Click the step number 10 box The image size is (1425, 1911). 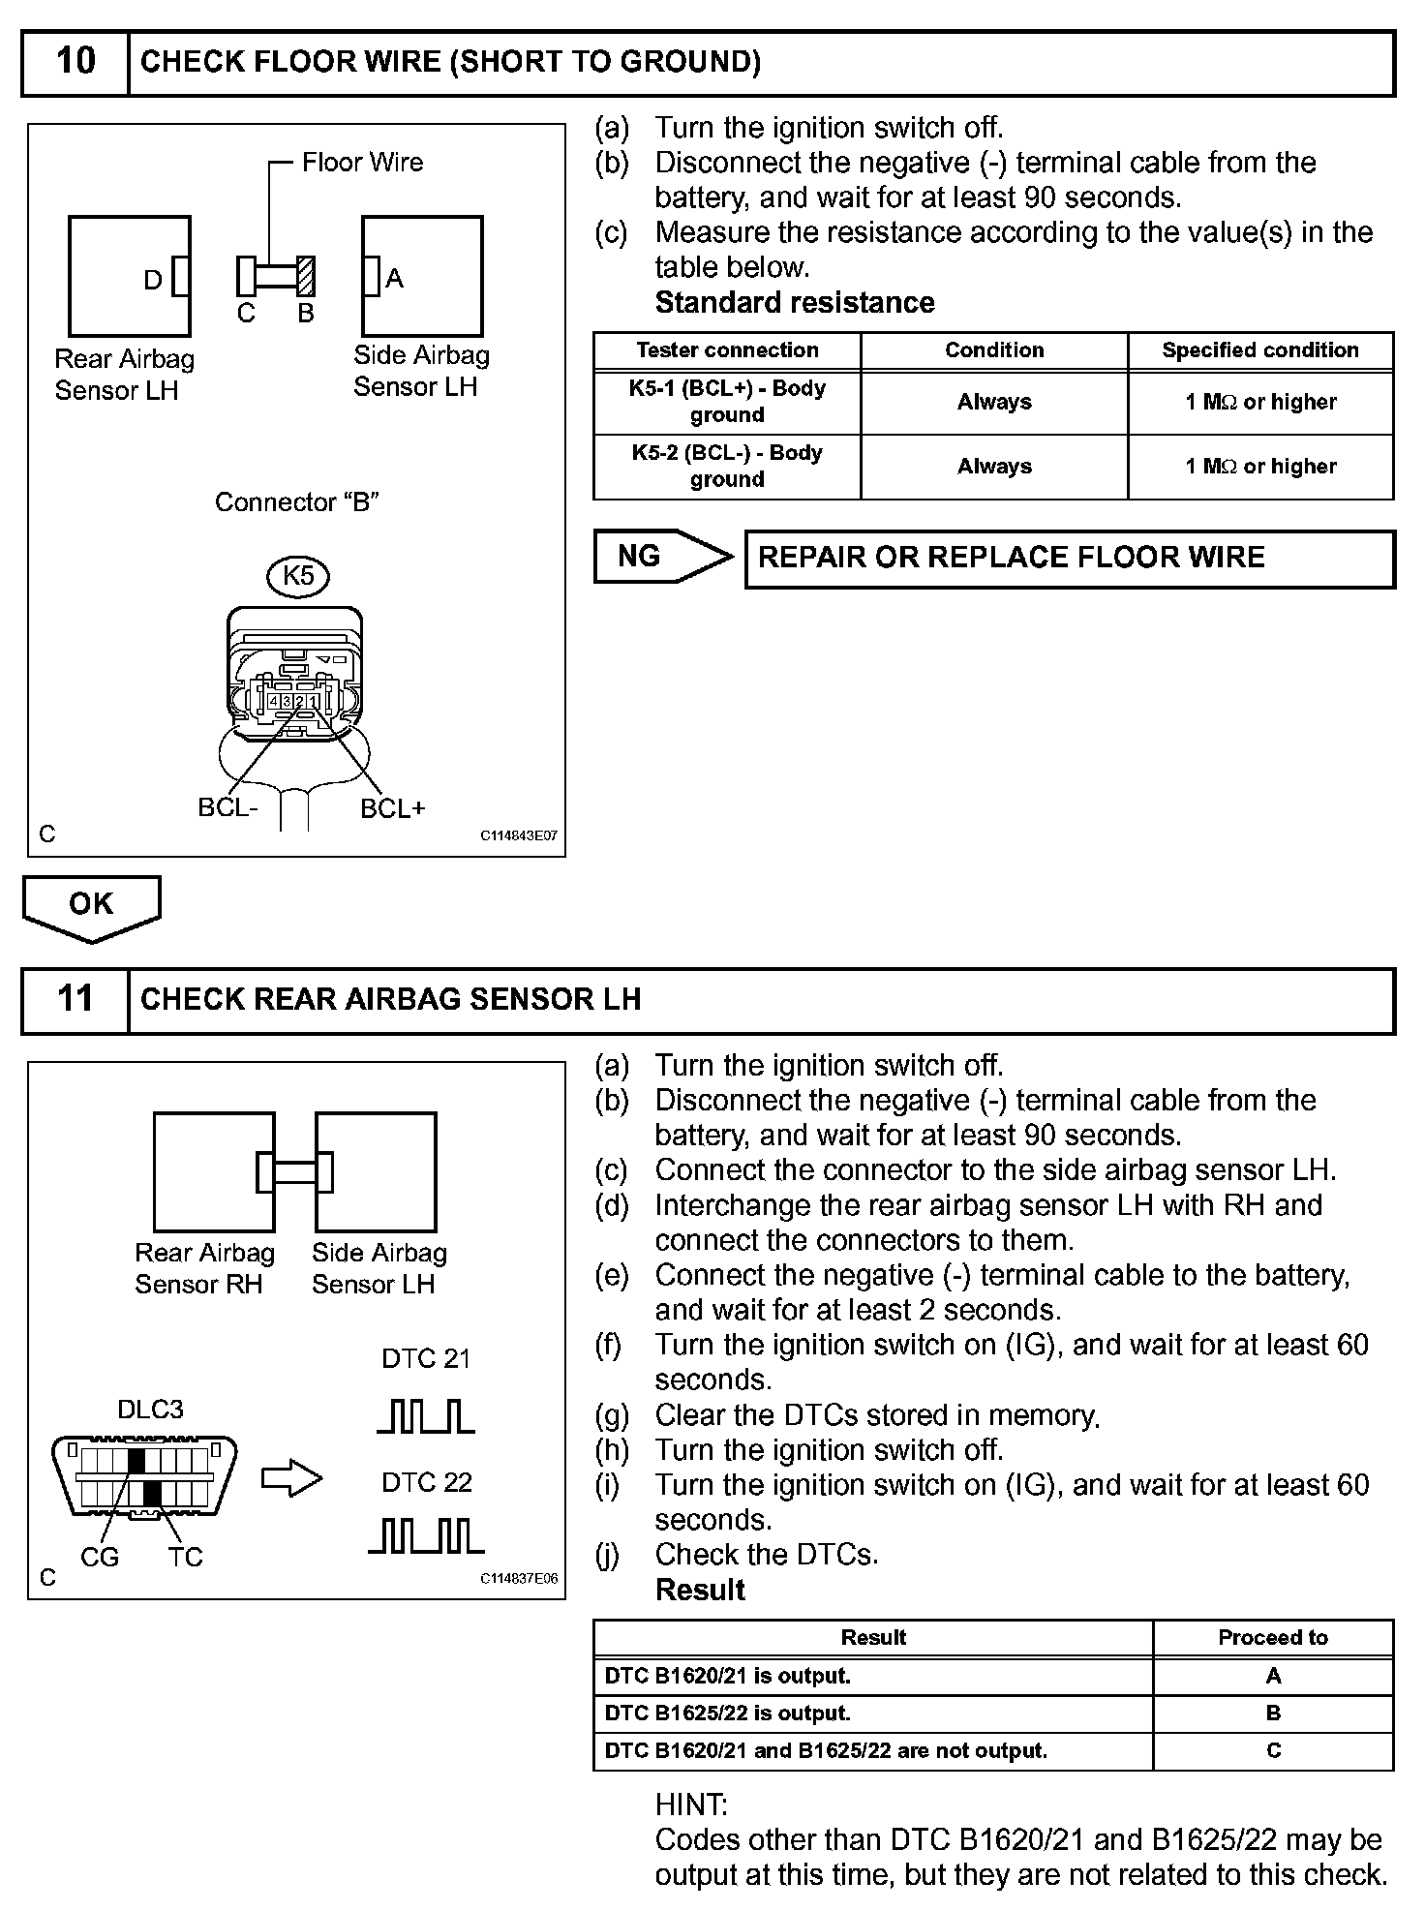point(76,62)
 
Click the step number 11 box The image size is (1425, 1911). point(76,999)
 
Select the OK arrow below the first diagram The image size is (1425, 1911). point(91,906)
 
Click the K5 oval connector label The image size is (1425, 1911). point(297,577)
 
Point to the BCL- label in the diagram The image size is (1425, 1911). point(228,807)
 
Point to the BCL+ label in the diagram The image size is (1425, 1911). point(392,808)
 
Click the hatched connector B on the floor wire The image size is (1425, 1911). point(306,276)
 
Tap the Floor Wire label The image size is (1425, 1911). point(362,163)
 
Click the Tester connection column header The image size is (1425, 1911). point(727,350)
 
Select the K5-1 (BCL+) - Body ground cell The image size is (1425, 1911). point(727,402)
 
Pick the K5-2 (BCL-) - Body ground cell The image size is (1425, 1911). point(727,466)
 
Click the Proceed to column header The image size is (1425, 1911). point(1272,1637)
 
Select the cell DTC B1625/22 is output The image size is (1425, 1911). point(727,1713)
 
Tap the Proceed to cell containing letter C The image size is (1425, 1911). point(1273,1750)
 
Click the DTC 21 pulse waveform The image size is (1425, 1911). point(425,1416)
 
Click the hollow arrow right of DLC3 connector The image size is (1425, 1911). point(291,1478)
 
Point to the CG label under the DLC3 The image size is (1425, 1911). point(100,1558)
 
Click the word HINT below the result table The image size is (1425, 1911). point(690,1805)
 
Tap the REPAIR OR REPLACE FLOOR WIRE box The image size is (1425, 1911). point(1069,559)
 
